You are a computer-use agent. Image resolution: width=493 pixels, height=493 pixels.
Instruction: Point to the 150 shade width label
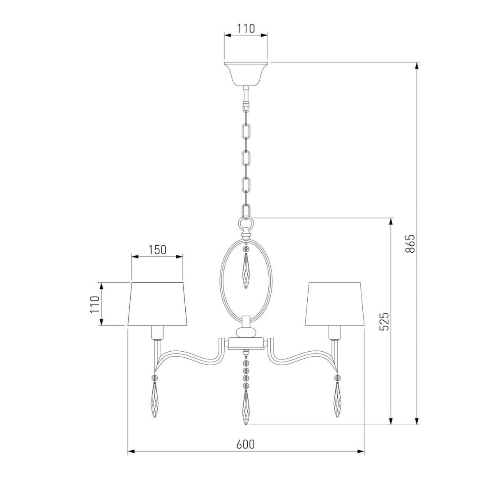(x=157, y=250)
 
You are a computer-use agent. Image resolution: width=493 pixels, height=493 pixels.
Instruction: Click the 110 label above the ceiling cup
(x=246, y=28)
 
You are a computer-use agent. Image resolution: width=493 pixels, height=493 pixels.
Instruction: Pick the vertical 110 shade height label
(x=94, y=304)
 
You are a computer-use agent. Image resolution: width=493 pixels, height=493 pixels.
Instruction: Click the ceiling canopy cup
(x=246, y=74)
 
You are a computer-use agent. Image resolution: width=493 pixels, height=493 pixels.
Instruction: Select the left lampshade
(x=157, y=304)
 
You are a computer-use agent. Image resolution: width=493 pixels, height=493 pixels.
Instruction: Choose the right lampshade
(x=335, y=304)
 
